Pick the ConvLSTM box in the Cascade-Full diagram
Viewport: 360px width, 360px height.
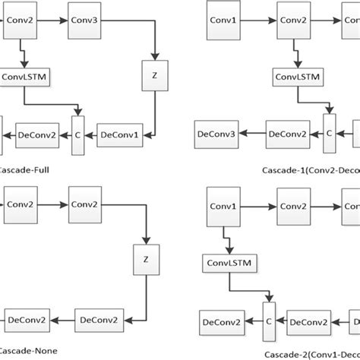click(x=25, y=77)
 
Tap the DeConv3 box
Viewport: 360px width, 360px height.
click(x=216, y=133)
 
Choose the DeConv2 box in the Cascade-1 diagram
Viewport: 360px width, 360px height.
click(x=287, y=133)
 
